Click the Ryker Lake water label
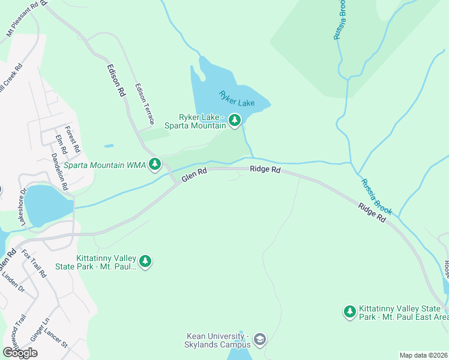click(237, 99)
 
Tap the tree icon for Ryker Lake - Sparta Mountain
click(234, 121)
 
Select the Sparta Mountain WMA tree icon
click(155, 164)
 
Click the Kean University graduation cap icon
click(259, 340)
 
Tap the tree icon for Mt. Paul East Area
click(349, 311)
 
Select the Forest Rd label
click(72, 137)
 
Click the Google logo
click(20, 352)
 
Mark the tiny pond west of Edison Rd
click(109, 145)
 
